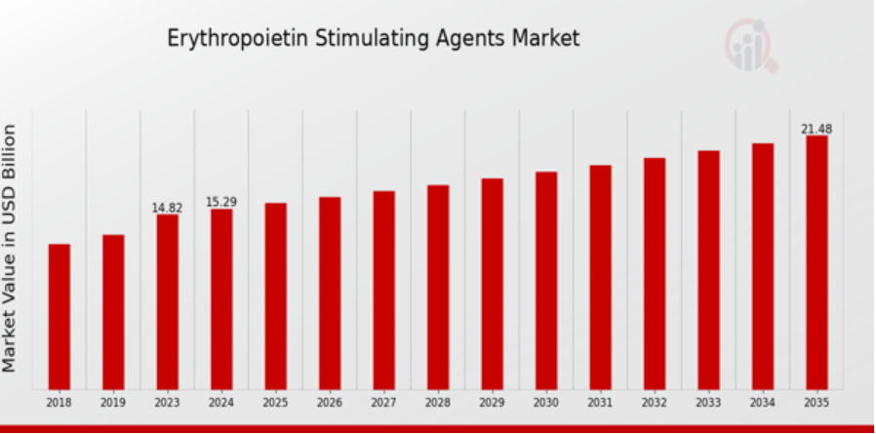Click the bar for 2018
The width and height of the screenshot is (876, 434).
60,316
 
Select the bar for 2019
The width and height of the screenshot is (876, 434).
113,311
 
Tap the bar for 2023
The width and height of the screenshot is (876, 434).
168,301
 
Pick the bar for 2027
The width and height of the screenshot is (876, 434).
384,290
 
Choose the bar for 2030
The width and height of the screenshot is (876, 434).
546,280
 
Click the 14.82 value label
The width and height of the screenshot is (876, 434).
167,208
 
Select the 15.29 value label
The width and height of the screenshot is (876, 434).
221,202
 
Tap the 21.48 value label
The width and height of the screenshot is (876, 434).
816,129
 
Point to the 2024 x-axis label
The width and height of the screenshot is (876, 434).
221,401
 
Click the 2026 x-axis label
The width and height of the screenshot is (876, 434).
330,401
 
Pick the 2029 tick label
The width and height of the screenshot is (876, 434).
492,401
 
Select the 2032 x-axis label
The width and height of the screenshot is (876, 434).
654,401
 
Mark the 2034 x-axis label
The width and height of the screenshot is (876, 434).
762,401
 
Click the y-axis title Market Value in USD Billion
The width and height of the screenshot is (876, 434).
11,248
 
